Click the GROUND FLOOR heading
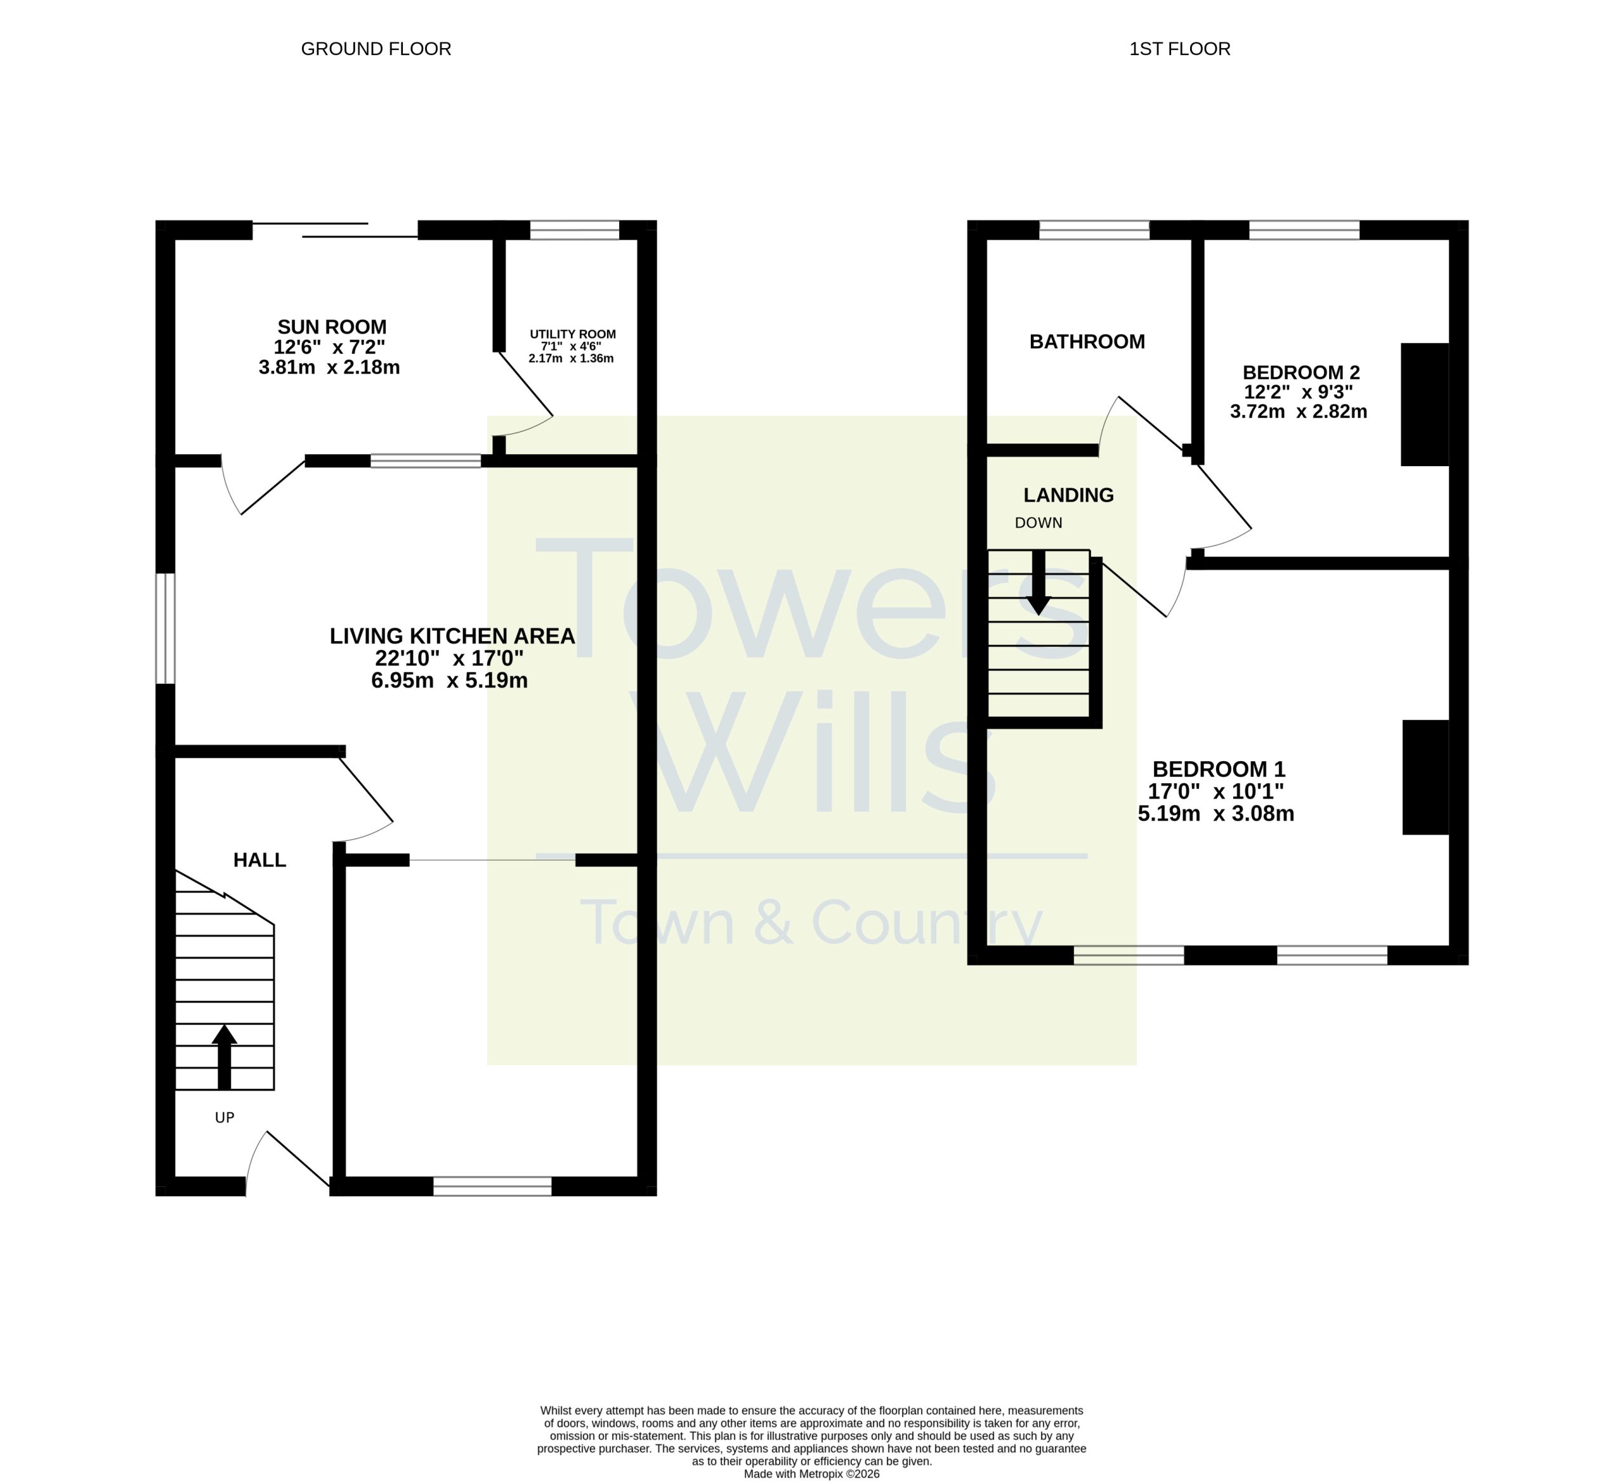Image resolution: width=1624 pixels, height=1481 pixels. point(376,49)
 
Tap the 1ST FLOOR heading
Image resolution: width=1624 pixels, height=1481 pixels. point(1179,49)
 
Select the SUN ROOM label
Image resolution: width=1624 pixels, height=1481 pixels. point(332,327)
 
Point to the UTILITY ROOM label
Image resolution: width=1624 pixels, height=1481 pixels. point(573,334)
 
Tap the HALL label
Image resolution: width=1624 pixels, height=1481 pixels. point(259,860)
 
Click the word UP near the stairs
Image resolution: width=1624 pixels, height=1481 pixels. point(225,1118)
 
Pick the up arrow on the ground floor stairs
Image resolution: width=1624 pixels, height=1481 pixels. point(224,1057)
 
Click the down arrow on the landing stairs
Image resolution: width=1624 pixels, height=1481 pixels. point(1039,582)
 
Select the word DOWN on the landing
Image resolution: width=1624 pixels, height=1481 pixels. point(1038,523)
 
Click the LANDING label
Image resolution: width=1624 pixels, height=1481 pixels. point(1068,495)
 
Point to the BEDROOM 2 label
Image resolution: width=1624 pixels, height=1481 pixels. point(1301,373)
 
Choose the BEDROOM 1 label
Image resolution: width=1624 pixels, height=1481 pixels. point(1219,769)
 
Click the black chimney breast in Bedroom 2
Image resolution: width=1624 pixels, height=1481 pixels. point(1425,404)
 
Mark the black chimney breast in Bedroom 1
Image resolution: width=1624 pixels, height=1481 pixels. point(1426,777)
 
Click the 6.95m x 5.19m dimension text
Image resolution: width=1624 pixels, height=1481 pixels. point(450,681)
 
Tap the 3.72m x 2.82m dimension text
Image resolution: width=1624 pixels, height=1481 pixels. point(1299,412)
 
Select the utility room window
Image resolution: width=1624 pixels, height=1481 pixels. point(574,230)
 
